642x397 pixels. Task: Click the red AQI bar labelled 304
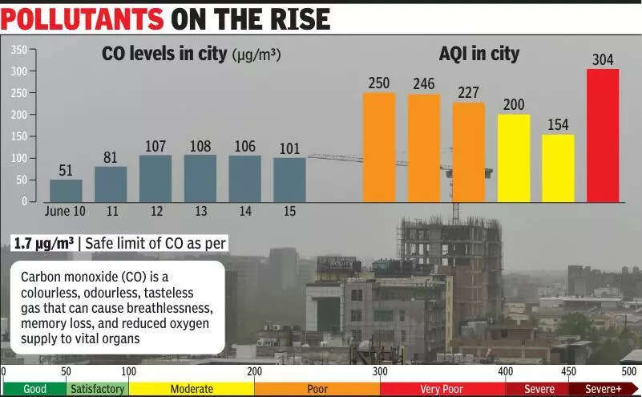tap(603, 135)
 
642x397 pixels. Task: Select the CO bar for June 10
tap(66, 190)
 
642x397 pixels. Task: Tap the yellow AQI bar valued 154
tap(558, 168)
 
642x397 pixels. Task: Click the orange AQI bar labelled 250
tap(379, 147)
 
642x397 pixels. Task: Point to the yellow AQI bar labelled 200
tap(514, 158)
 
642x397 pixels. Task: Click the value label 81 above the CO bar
tap(111, 157)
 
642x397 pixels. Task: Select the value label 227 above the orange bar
tap(469, 93)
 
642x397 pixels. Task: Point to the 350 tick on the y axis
tap(19, 50)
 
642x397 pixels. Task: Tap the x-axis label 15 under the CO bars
tap(289, 212)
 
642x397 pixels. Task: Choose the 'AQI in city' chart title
tap(479, 54)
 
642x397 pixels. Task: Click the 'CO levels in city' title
tap(164, 54)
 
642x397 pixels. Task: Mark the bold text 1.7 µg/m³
tap(45, 242)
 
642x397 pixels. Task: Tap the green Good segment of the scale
tap(34, 389)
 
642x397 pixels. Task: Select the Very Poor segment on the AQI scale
tap(442, 389)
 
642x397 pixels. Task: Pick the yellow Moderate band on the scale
tap(192, 389)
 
